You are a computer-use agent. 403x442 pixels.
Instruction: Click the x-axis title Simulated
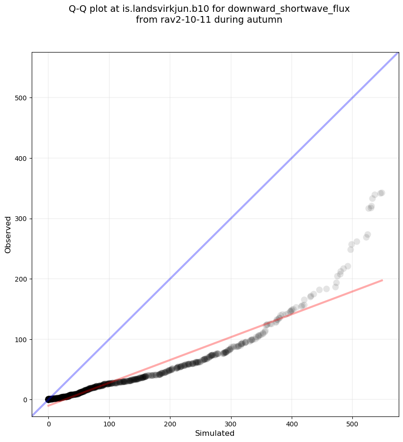(x=215, y=433)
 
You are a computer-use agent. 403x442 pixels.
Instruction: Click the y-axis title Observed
(x=8, y=234)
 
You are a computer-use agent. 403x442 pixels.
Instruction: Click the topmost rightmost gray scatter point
(x=382, y=193)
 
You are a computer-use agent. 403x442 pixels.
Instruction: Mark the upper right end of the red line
(x=382, y=280)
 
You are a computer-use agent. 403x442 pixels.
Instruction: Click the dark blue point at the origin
(x=48, y=399)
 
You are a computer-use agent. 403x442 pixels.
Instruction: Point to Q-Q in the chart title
(x=78, y=9)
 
